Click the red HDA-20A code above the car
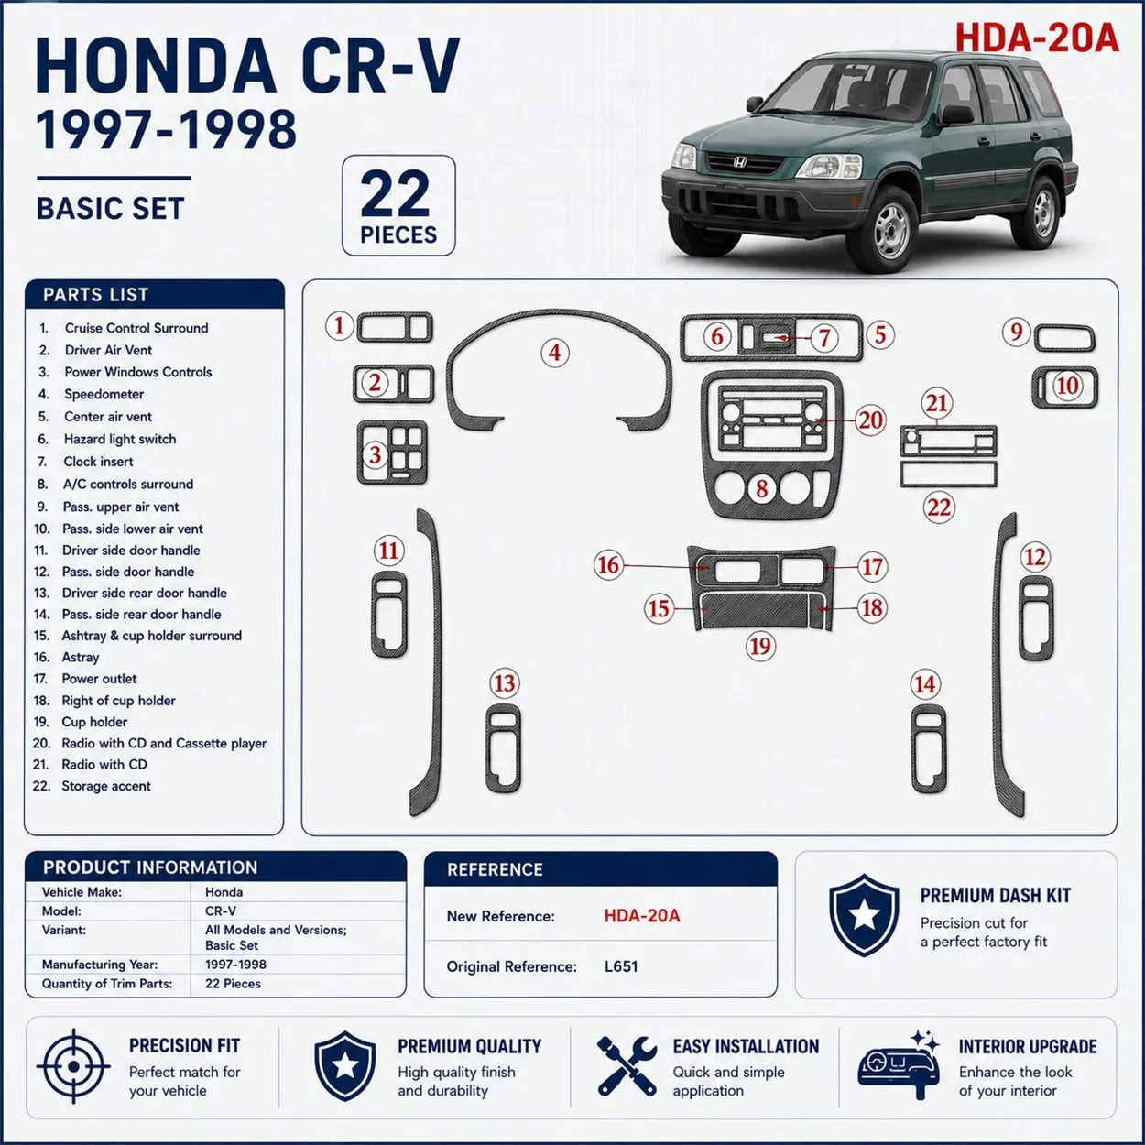(1036, 38)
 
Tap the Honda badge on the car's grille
(740, 162)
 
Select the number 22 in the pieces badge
(395, 193)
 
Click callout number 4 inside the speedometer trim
(555, 353)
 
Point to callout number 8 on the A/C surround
(762, 488)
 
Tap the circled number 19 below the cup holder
(760, 646)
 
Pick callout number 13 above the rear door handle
(505, 683)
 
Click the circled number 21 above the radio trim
(937, 403)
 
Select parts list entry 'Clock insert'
(98, 462)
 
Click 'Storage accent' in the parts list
(105, 786)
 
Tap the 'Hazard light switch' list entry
(120, 439)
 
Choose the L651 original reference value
(621, 966)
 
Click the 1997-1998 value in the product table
(235, 964)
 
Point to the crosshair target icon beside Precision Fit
(73, 1066)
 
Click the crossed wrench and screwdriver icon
(627, 1066)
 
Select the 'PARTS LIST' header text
(95, 295)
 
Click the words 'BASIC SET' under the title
(111, 209)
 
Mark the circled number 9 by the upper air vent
(1017, 332)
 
